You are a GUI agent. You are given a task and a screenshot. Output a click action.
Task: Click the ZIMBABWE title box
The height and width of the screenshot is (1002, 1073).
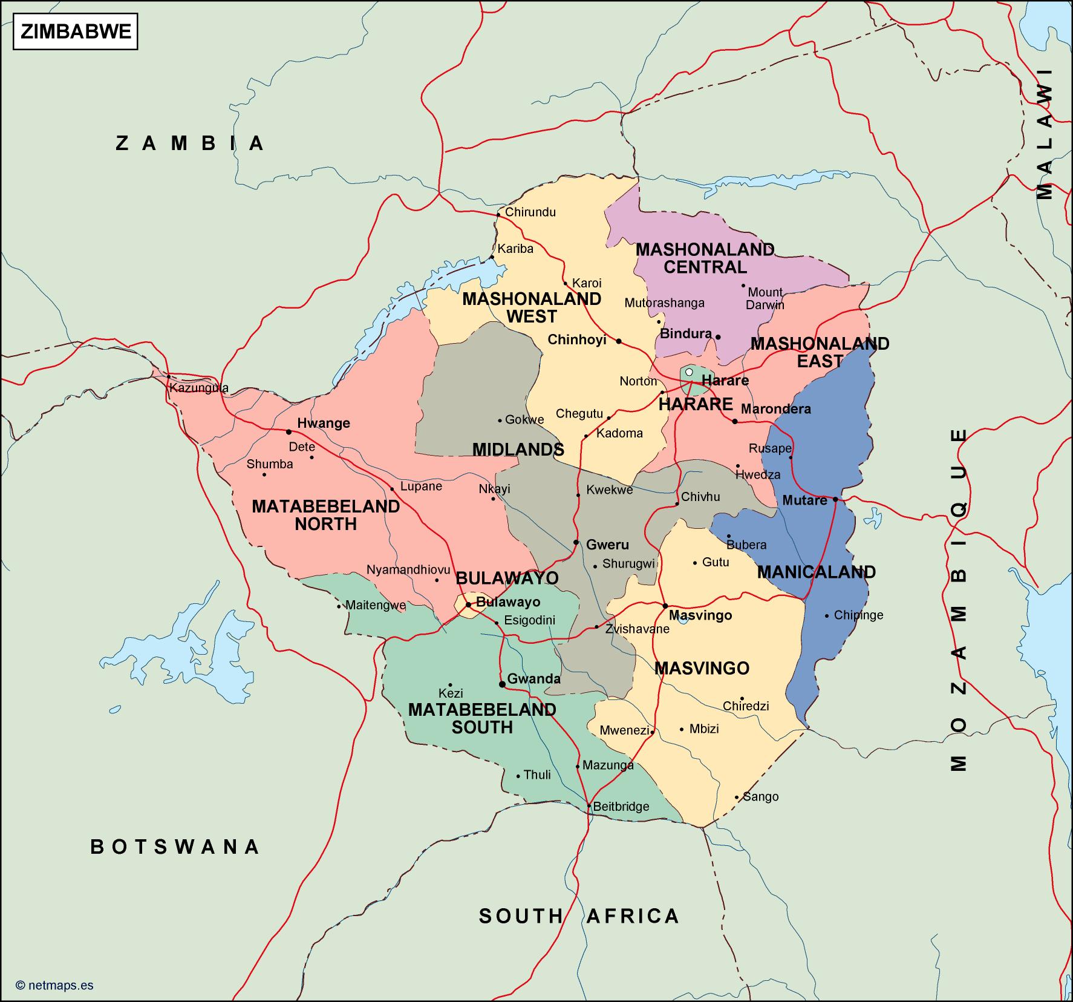click(76, 32)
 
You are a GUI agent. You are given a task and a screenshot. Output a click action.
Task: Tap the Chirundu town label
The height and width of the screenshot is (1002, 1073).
click(530, 212)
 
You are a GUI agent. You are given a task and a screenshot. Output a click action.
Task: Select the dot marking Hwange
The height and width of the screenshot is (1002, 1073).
click(289, 432)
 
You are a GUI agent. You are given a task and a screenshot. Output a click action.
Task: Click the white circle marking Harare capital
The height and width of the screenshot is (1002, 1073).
click(688, 372)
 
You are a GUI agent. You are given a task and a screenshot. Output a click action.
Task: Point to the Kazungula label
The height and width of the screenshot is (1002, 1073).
click(199, 388)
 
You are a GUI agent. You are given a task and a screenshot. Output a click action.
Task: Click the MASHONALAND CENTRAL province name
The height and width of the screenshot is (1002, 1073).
click(705, 258)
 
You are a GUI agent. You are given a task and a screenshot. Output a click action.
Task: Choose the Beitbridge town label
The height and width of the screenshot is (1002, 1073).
click(621, 807)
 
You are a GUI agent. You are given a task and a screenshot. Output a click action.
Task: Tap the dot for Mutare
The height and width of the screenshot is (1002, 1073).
click(835, 499)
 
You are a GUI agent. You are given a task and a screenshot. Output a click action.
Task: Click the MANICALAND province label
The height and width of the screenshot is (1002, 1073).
click(816, 572)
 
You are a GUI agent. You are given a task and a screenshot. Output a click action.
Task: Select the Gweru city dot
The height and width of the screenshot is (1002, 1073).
click(576, 543)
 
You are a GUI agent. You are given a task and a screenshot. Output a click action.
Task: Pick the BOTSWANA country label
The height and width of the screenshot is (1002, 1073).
click(175, 846)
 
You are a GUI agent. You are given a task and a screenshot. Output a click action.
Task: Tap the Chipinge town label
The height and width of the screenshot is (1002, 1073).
click(858, 615)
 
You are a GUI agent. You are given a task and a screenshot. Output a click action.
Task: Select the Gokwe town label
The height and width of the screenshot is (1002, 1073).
click(524, 419)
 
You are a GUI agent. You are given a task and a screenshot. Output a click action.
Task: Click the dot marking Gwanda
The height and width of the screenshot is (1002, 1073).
click(502, 684)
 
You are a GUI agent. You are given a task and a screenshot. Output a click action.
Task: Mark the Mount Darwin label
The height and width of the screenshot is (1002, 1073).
click(765, 298)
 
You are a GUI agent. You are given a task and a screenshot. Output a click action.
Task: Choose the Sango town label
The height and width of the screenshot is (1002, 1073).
click(760, 797)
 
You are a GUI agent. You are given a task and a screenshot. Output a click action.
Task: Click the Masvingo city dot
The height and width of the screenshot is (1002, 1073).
click(665, 606)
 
